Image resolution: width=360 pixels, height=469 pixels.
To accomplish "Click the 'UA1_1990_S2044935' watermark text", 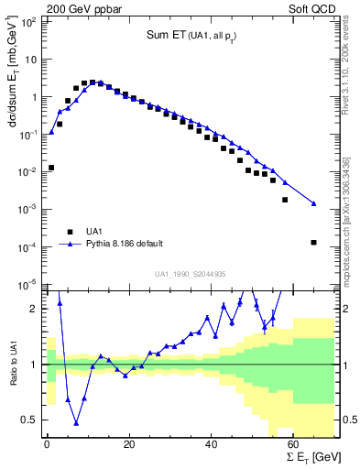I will pos(191,274).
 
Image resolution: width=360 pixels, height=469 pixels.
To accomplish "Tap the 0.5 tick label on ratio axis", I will pos(31,420).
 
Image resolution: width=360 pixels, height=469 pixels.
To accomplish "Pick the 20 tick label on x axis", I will pos(129,445).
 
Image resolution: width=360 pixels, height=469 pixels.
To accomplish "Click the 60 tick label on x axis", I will pos(293,445).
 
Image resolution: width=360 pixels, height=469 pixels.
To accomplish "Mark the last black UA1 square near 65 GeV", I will pos(314,243).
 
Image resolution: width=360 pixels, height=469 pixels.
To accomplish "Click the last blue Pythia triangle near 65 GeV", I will pos(314,203).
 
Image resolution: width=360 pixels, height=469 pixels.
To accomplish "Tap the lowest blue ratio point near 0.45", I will pos(76,423).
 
